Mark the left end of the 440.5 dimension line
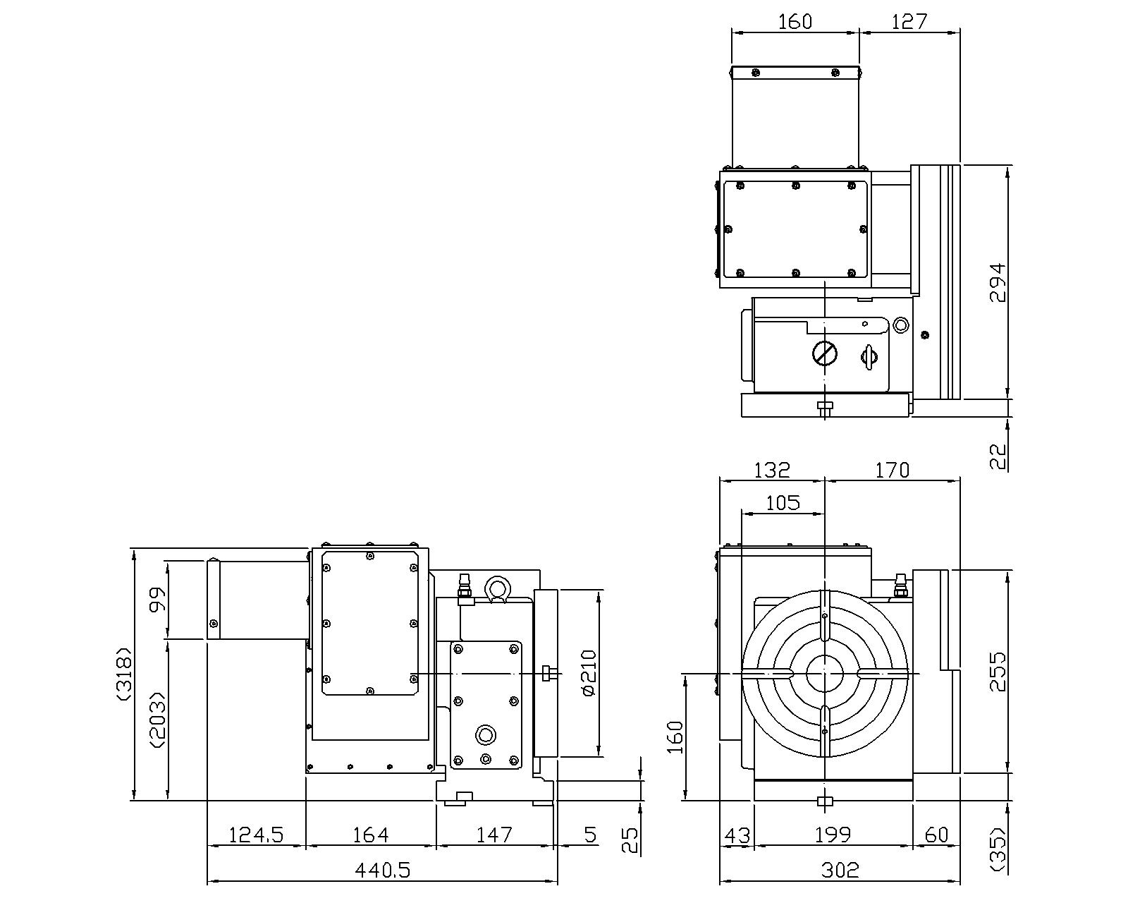coord(207,882)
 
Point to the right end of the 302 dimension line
coord(960,882)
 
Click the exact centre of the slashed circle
coord(825,353)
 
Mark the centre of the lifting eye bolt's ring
coord(496,586)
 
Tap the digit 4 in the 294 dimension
coord(998,270)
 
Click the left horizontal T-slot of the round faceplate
coord(767,673)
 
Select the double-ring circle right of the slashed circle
coord(900,325)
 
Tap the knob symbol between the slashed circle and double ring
coord(869,357)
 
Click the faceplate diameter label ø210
coord(589,673)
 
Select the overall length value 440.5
coord(383,870)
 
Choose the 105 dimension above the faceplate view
coord(783,503)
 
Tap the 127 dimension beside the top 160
coord(909,21)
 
